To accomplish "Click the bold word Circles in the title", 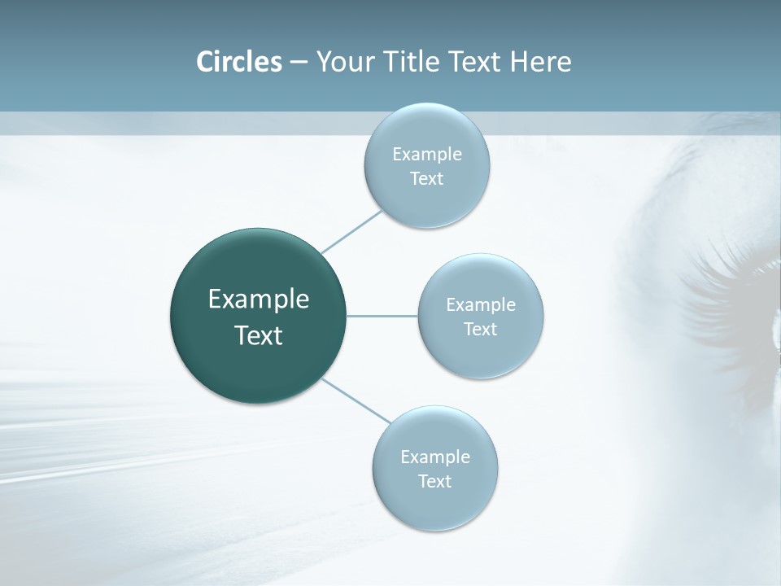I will click(238, 62).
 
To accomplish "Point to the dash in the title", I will click(299, 63).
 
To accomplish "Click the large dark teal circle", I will click(258, 316).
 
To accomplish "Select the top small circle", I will click(426, 165).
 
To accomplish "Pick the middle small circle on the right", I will click(481, 316).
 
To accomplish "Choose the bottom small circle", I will click(434, 468).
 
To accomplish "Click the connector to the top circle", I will click(351, 232).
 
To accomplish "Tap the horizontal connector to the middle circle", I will click(382, 316).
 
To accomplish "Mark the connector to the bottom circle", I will click(356, 400).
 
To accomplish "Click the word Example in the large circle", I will click(259, 300).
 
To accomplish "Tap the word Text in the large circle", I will click(259, 335).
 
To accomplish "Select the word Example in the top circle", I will click(426, 154).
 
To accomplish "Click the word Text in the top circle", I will click(426, 178).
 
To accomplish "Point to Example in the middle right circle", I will click(481, 304).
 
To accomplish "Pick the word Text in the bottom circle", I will click(434, 481).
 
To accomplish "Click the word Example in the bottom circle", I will click(434, 457).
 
